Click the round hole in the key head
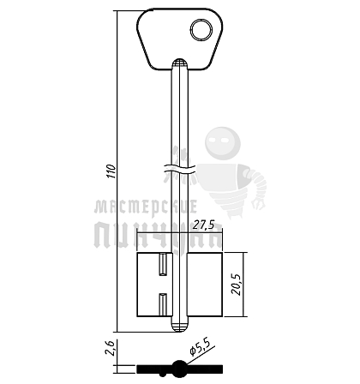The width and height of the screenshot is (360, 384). pyautogui.click(x=201, y=30)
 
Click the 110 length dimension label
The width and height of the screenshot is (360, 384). pyautogui.click(x=111, y=171)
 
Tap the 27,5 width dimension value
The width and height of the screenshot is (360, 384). pyautogui.click(x=203, y=225)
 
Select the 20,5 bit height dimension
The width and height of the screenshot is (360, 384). pyautogui.click(x=237, y=285)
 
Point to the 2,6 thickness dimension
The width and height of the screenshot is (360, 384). pyautogui.click(x=110, y=348)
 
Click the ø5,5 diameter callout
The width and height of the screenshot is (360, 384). pyautogui.click(x=201, y=348)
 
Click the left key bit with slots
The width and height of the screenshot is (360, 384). pyautogui.click(x=154, y=285)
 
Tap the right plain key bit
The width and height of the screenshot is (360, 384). pyautogui.click(x=205, y=285)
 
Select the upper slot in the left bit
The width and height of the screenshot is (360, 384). pyautogui.click(x=163, y=265)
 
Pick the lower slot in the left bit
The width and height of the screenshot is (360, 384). pyautogui.click(x=163, y=304)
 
